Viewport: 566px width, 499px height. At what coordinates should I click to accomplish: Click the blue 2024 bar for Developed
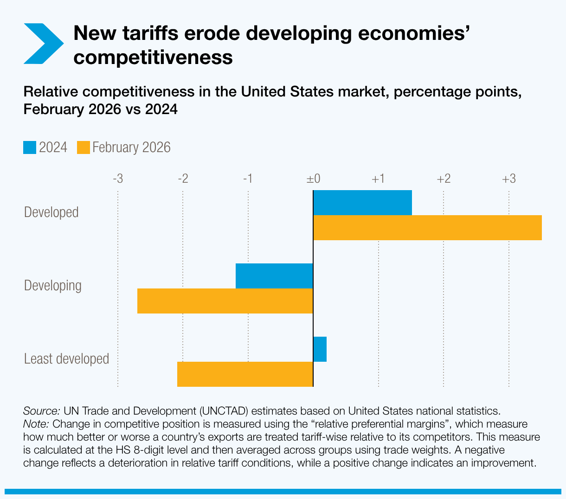pyautogui.click(x=362, y=203)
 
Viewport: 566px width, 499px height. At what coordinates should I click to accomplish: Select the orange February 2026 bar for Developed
pyautogui.click(x=427, y=228)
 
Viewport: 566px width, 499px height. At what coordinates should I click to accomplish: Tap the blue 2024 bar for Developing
pyautogui.click(x=274, y=276)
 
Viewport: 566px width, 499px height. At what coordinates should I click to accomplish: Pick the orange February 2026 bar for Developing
pyautogui.click(x=225, y=301)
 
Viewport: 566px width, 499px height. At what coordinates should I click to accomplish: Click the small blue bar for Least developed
pyautogui.click(x=320, y=349)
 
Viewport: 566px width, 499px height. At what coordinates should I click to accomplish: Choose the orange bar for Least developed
pyautogui.click(x=245, y=374)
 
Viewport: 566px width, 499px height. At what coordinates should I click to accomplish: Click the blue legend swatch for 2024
pyautogui.click(x=30, y=147)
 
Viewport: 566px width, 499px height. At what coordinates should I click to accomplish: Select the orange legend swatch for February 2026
pyautogui.click(x=83, y=147)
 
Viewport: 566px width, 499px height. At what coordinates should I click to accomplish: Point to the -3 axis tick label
pyautogui.click(x=118, y=179)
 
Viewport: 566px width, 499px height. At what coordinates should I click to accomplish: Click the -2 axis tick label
pyautogui.click(x=183, y=179)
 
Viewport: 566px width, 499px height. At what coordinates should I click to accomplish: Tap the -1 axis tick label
pyautogui.click(x=248, y=179)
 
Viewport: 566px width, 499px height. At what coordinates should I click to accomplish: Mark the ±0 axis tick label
pyautogui.click(x=313, y=179)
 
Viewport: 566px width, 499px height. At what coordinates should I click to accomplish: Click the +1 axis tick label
pyautogui.click(x=379, y=179)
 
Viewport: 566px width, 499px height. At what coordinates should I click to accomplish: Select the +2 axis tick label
pyautogui.click(x=444, y=179)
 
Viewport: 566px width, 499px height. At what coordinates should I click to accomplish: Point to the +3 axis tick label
pyautogui.click(x=509, y=179)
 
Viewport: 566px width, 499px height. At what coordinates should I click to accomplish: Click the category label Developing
pyautogui.click(x=52, y=285)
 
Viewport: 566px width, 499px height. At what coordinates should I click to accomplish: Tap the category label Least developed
pyautogui.click(x=66, y=358)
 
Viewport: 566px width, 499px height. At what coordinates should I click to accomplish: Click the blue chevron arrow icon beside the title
pyautogui.click(x=43, y=43)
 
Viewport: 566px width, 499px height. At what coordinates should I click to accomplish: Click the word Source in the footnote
pyautogui.click(x=41, y=411)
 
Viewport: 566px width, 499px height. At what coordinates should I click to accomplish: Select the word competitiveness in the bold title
pyautogui.click(x=153, y=57)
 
